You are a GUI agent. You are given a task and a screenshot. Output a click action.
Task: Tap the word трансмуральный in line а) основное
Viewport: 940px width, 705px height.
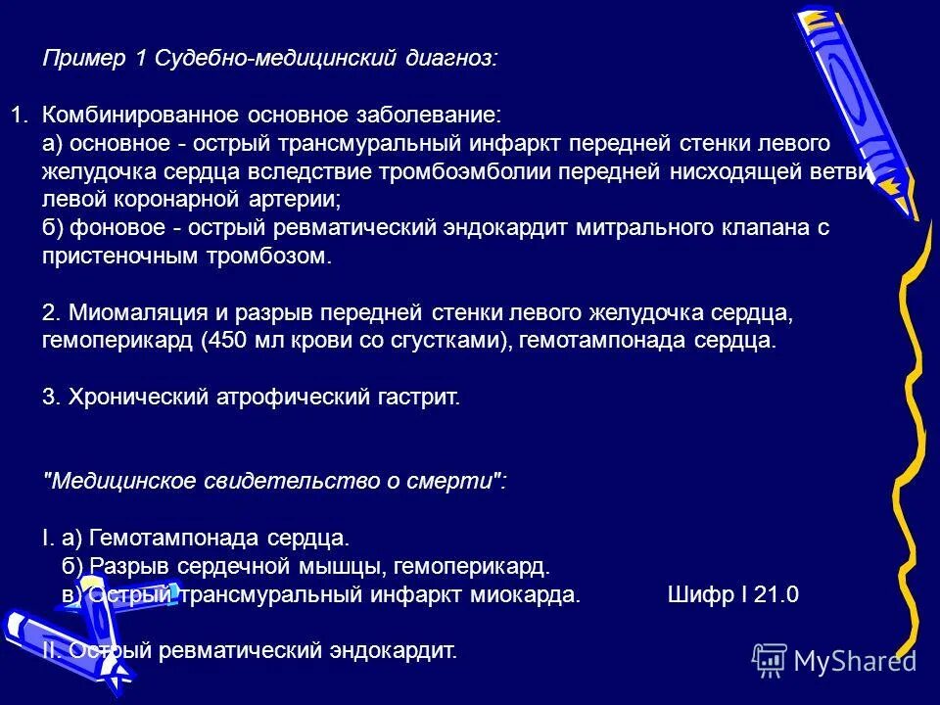pos(361,144)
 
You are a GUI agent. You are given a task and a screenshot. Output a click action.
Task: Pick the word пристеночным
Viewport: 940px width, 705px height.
pos(115,257)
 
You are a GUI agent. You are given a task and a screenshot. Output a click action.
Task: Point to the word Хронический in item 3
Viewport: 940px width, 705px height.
pos(133,399)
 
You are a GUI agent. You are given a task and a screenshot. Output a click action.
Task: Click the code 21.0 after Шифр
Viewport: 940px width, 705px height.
pos(777,595)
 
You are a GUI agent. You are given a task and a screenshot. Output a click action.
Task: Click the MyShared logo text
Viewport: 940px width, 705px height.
pos(854,661)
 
